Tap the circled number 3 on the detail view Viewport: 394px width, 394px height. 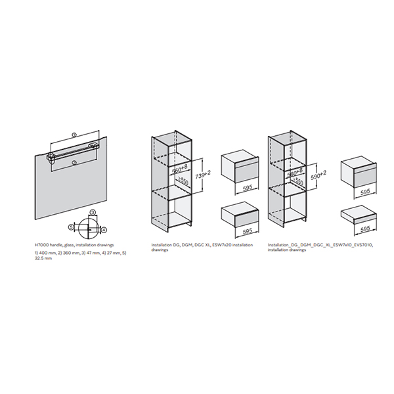pos(93,212)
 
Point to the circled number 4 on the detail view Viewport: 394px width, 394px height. pos(103,229)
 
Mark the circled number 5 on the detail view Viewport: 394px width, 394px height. pos(71,227)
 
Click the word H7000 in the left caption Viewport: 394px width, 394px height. pos(42,244)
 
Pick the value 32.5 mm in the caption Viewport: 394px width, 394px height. pos(43,259)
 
